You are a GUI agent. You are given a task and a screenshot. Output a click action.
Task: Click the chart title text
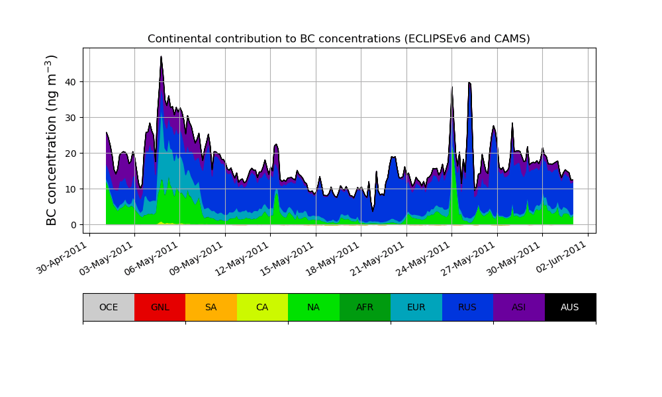click(x=338, y=39)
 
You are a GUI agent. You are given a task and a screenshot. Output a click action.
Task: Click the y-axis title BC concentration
click(x=52, y=140)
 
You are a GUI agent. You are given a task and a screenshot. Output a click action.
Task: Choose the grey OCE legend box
click(x=109, y=307)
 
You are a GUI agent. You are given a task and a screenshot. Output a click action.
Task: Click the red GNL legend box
click(x=160, y=307)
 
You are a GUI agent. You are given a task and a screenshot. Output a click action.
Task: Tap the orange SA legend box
click(x=211, y=307)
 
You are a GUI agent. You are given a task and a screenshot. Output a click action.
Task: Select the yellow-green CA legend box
click(x=262, y=307)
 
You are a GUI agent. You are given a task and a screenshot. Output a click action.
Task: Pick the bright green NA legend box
click(x=314, y=307)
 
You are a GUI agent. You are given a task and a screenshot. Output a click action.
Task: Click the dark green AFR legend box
click(x=365, y=307)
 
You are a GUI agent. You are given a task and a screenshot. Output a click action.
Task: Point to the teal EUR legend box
click(x=416, y=307)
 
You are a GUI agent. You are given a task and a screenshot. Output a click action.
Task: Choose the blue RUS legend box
click(x=467, y=307)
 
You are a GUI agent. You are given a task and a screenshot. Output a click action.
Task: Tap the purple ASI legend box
click(x=519, y=307)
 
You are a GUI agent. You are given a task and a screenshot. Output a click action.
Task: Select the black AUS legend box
click(x=570, y=307)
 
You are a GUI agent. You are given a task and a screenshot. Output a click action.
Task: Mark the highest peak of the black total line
click(x=161, y=57)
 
